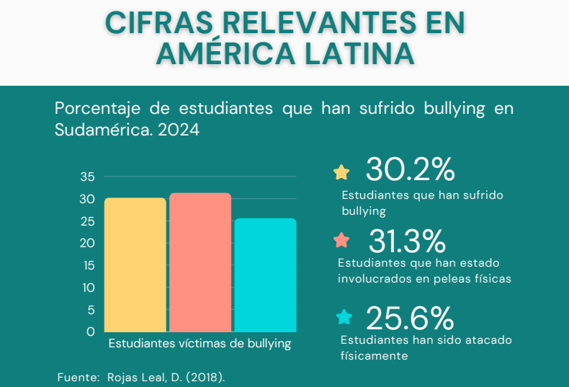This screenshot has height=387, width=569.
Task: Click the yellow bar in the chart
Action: click(135, 264)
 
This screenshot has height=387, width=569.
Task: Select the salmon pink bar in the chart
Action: click(200, 262)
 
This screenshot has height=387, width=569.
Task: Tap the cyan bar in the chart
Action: click(265, 275)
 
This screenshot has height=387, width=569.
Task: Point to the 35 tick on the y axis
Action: click(87, 177)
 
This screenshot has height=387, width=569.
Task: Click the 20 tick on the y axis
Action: click(87, 243)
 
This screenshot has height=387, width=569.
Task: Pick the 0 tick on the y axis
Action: click(91, 332)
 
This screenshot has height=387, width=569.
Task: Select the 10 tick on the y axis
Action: click(88, 288)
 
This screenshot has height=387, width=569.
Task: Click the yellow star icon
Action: click(341, 172)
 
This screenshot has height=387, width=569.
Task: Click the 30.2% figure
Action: click(410, 170)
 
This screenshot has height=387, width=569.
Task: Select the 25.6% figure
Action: click(409, 318)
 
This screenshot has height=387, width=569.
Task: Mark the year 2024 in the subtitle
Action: click(176, 130)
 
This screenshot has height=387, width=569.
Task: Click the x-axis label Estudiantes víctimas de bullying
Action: click(200, 344)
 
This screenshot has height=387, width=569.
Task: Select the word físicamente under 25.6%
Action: click(375, 355)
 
